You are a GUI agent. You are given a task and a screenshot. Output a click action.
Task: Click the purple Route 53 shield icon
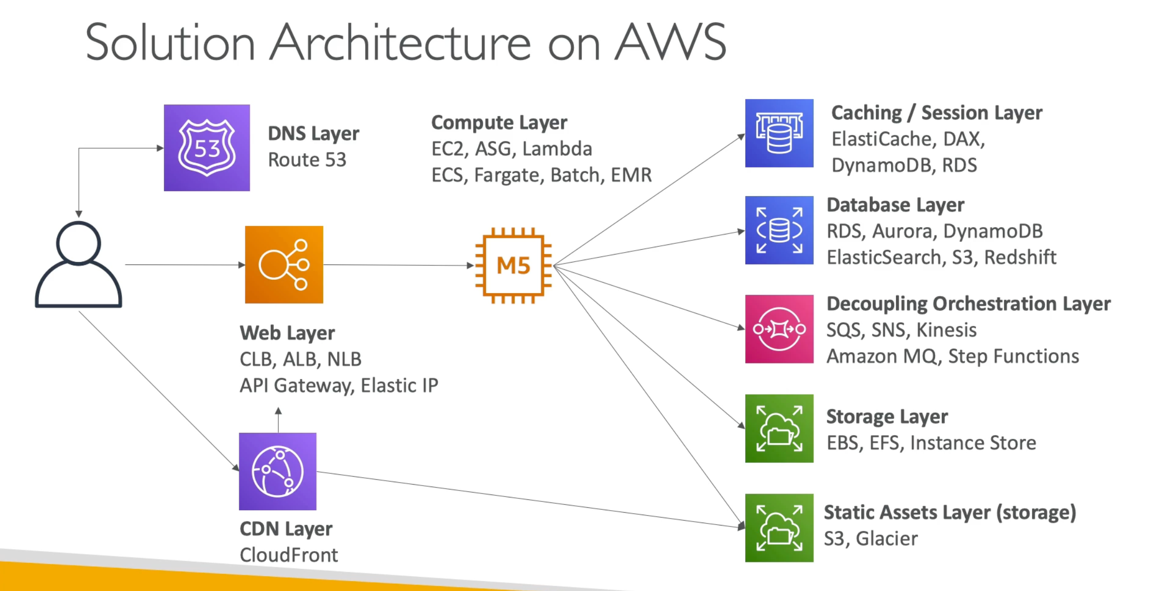pos(207,148)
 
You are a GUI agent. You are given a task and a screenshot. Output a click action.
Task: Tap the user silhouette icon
pos(78,264)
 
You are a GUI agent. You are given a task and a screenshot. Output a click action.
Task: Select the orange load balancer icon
pos(284,264)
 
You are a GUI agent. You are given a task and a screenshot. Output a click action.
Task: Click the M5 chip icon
pos(514,265)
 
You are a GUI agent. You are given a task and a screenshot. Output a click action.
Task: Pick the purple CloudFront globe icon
pos(278,471)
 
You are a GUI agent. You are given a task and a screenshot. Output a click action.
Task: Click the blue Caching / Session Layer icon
pos(779,133)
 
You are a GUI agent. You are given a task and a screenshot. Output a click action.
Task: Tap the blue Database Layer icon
pos(779,230)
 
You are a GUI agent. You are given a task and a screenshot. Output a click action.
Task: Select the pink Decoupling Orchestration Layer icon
pos(779,329)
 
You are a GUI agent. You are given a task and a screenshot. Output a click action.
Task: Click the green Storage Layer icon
pos(779,428)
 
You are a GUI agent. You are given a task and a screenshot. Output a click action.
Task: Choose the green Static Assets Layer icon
pos(779,528)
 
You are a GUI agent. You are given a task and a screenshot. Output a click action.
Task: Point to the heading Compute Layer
pos(499,123)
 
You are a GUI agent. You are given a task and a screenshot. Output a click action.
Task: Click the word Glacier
pos(887,538)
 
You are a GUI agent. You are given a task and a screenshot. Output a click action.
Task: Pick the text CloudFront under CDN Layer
pos(289,555)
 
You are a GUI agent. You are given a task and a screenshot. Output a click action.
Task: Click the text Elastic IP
pos(399,386)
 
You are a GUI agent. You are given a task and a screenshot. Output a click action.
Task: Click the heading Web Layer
pos(287,333)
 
